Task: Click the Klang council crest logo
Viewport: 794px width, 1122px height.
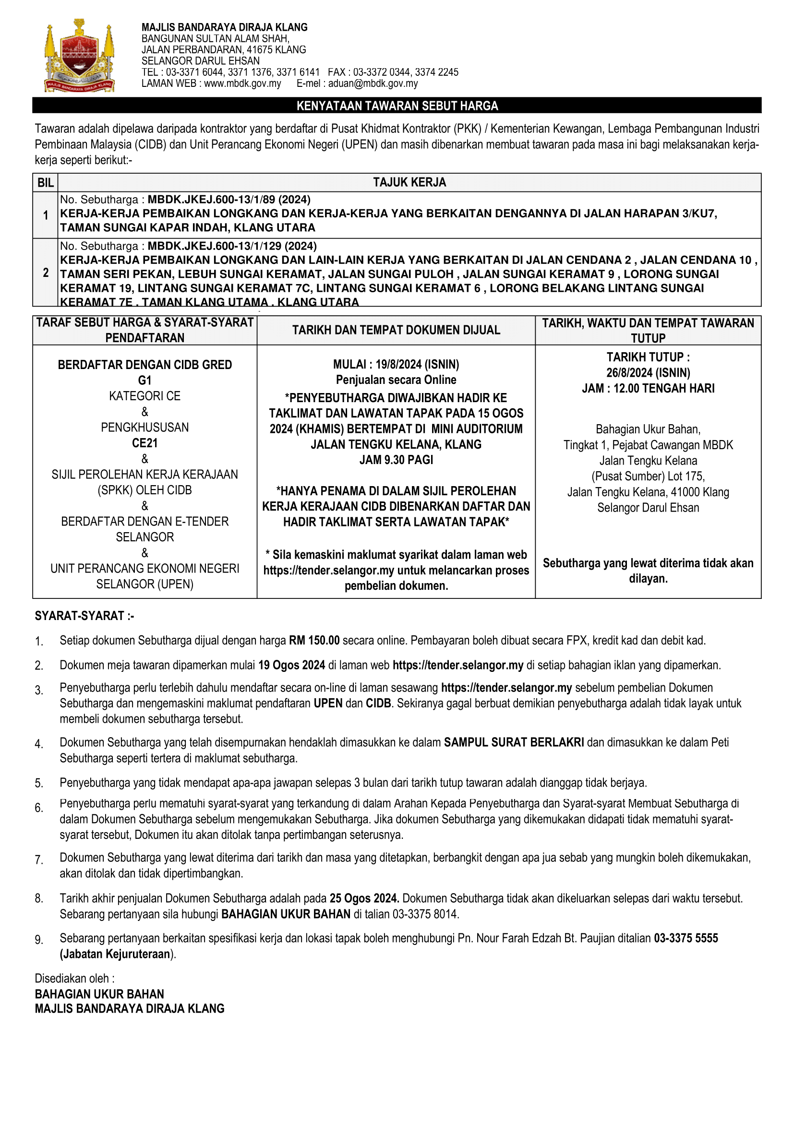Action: pyautogui.click(x=80, y=56)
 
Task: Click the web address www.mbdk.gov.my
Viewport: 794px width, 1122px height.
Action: pyautogui.click(x=242, y=84)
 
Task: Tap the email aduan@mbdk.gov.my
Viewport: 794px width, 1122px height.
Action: pyautogui.click(x=373, y=84)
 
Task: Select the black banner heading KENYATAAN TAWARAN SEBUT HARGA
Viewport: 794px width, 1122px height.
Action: pyautogui.click(x=397, y=106)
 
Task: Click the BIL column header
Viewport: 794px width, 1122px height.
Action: pyautogui.click(x=46, y=183)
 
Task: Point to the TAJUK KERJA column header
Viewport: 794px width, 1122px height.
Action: pyautogui.click(x=409, y=183)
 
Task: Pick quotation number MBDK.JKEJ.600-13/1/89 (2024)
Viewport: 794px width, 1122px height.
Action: pyautogui.click(x=229, y=199)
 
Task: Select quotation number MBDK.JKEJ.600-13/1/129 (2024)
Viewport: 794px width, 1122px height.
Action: pyautogui.click(x=232, y=246)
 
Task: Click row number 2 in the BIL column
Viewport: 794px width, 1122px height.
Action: pyautogui.click(x=46, y=273)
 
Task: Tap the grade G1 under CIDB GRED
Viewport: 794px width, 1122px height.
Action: pyautogui.click(x=144, y=380)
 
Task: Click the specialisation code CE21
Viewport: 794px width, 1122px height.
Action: pyautogui.click(x=144, y=443)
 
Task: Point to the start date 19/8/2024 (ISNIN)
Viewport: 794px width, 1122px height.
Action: pyautogui.click(x=417, y=365)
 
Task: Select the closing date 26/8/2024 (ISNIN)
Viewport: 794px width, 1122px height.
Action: pyautogui.click(x=648, y=373)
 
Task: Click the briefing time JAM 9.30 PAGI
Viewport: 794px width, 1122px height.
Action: pyautogui.click(x=396, y=460)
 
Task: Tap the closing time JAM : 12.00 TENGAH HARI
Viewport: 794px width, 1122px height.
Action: pyautogui.click(x=648, y=389)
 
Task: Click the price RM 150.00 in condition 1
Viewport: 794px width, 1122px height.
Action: pyautogui.click(x=314, y=641)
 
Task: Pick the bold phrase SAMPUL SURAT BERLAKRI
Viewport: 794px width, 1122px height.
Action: pyautogui.click(x=513, y=743)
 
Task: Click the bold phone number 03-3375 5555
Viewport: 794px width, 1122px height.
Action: pyautogui.click(x=686, y=938)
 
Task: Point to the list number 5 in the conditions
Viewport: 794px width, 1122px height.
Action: pyautogui.click(x=38, y=783)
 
